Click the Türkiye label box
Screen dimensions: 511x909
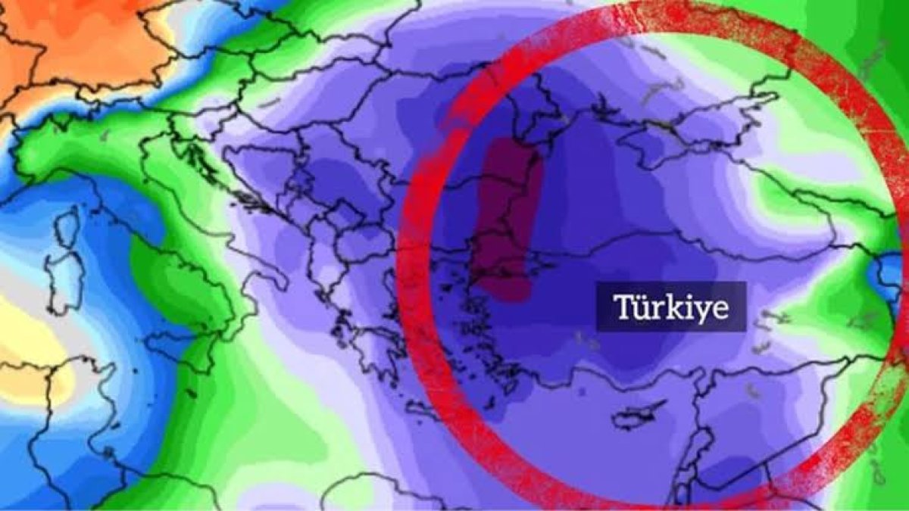point(671,307)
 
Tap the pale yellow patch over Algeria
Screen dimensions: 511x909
point(30,348)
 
